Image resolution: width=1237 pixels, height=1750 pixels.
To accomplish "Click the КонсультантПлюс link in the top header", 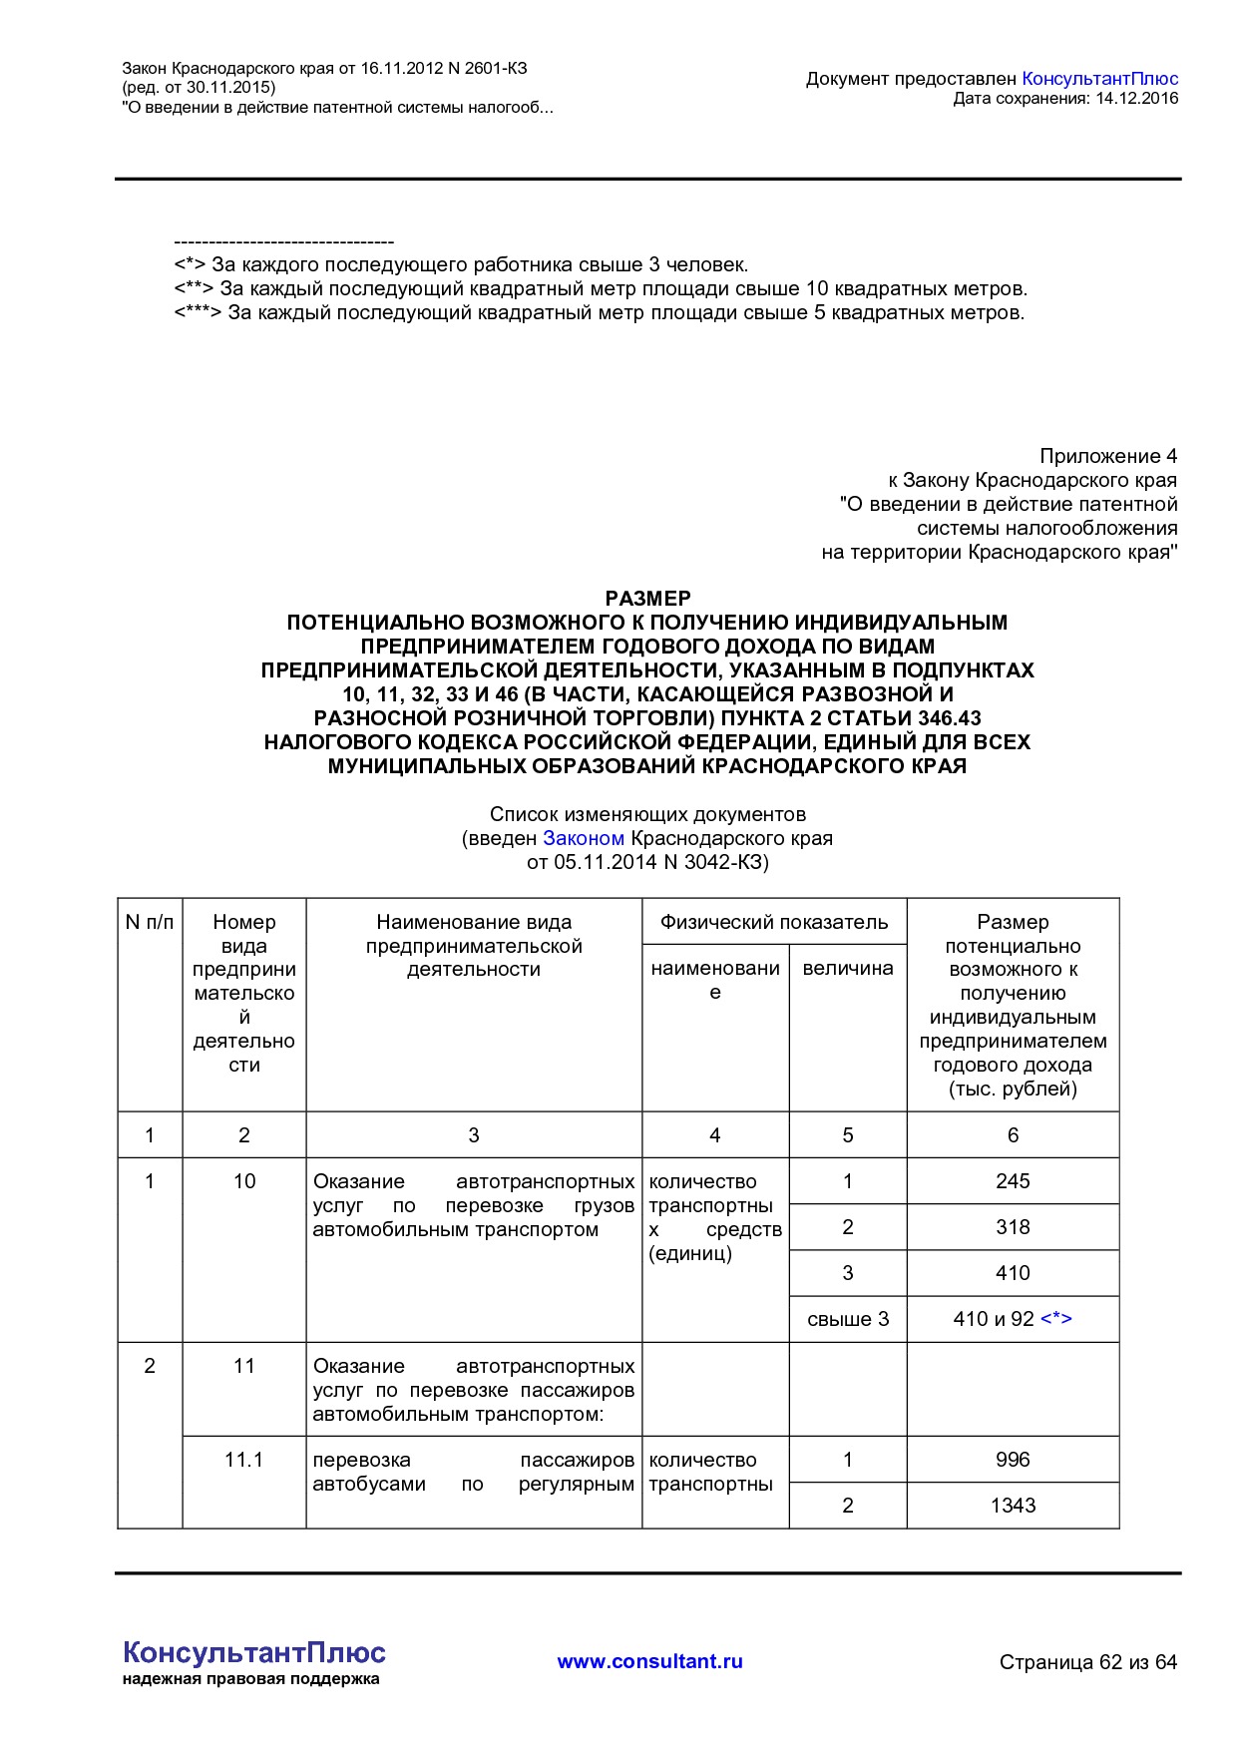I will point(1100,79).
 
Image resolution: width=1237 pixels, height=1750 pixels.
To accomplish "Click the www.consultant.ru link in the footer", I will point(649,1661).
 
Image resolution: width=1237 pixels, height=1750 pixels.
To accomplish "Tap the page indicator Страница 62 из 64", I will point(1087,1662).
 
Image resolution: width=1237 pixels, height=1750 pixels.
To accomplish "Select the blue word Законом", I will point(584,838).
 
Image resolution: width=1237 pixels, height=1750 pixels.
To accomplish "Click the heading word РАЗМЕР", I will point(647,599).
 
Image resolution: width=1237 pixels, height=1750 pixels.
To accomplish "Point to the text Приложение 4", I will point(1107,456).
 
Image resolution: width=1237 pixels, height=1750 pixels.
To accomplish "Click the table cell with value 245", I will point(1012,1181).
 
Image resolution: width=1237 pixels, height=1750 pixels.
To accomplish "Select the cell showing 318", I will point(1012,1227).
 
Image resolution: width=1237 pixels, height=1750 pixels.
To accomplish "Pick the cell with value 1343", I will point(1012,1506).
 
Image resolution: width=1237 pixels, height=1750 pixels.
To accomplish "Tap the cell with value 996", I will point(1012,1460).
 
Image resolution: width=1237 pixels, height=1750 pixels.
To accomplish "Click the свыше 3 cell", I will point(847,1319).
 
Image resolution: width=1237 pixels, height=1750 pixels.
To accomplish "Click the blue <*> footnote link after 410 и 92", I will point(1055,1319).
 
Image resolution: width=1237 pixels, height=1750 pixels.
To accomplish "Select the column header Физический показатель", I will point(773,922).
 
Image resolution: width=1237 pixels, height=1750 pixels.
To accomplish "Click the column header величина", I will point(847,968).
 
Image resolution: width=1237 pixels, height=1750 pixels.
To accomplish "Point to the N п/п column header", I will point(150,922).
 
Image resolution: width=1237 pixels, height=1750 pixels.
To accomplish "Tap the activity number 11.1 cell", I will point(243,1460).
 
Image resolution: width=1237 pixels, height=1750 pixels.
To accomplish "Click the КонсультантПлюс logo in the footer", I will point(253,1653).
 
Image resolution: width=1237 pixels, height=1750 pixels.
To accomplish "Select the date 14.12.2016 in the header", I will point(1136,98).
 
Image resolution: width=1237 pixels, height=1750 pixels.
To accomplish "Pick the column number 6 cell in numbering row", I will point(1012,1135).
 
